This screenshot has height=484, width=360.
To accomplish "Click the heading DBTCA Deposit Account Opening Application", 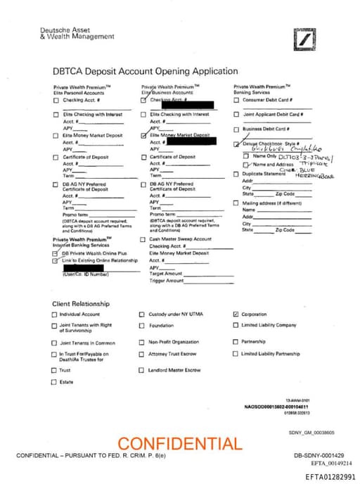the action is pos(146,71).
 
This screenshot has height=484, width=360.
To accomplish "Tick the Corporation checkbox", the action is pos(236,314).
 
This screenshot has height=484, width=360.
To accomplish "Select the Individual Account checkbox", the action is pos(54,314).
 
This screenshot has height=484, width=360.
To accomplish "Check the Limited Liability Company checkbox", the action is pos(236,325).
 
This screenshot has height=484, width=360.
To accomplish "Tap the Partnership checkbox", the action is pos(236,342).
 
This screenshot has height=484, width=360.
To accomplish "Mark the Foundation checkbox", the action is pos(141,326).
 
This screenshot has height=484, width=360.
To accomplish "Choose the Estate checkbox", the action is pos(54,382).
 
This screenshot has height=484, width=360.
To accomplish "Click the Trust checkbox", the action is pos(54,370).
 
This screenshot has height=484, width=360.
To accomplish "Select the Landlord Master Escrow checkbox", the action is pos(141,370).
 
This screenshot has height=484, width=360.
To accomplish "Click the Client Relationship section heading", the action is pos(81,303).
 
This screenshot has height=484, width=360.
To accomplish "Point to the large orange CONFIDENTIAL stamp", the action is pos(179,444).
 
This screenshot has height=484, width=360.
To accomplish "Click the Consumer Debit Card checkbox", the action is pos(236,100).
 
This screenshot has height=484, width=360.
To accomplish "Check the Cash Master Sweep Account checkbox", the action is pos(143,239).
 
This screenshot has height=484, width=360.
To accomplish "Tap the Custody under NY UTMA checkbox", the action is pos(141,314).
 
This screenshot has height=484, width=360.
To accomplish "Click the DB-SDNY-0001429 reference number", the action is pos(319,456).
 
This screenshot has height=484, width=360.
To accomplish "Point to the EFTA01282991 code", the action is pos(330,477).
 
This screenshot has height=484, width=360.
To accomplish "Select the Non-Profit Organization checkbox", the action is pos(141,342).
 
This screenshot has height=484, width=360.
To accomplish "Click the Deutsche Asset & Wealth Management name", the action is pos(67,34).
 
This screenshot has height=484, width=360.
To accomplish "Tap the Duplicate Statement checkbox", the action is pos(236,174).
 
